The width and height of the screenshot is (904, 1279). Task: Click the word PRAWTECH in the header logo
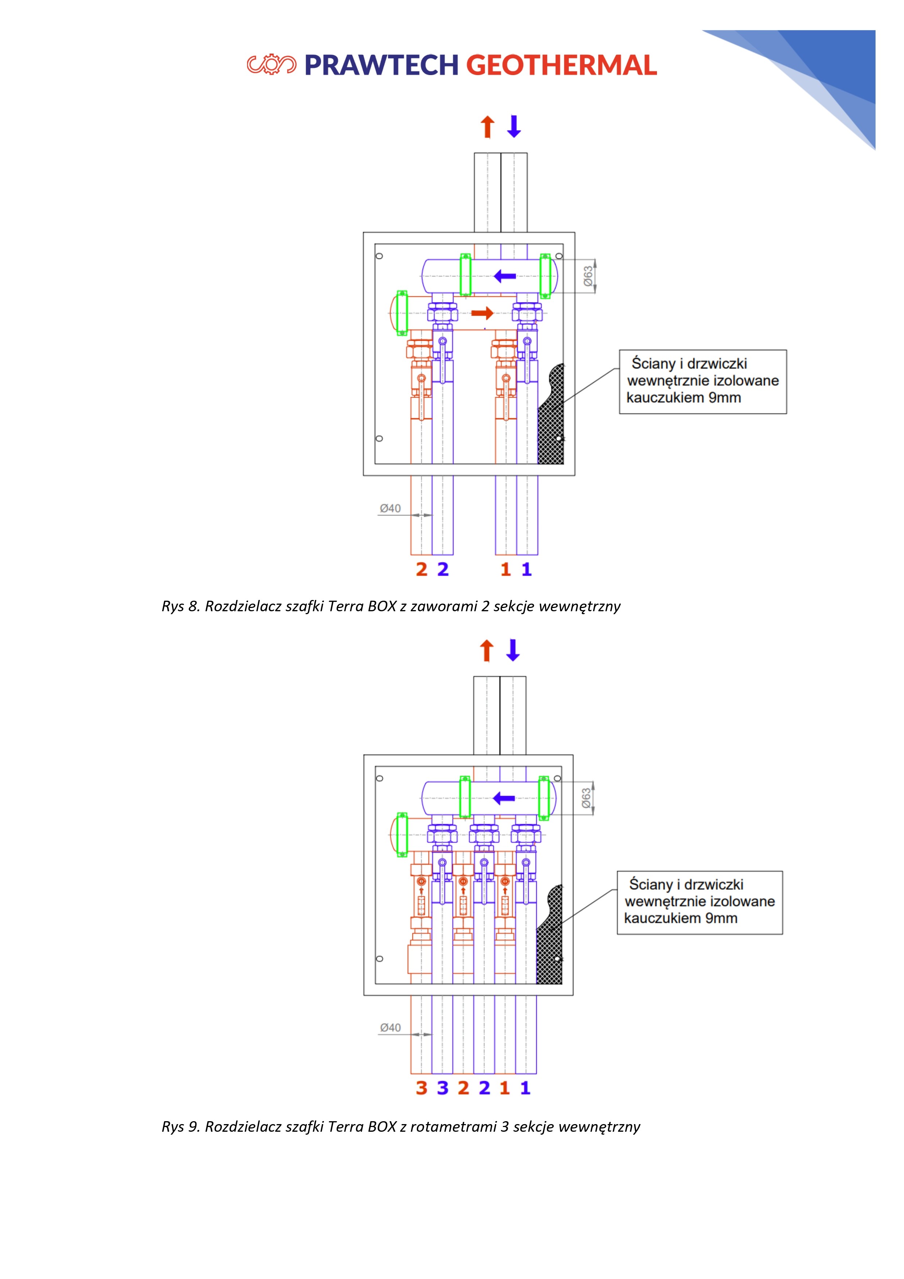click(381, 65)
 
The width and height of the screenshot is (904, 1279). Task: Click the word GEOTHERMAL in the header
click(561, 65)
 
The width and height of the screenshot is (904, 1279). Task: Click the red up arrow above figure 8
click(488, 126)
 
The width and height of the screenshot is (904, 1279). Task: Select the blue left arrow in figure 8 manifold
click(505, 276)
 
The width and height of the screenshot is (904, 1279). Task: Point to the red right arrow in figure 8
click(482, 313)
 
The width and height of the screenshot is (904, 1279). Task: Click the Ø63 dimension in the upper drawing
click(588, 276)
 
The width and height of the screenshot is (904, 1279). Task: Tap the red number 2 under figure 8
click(422, 569)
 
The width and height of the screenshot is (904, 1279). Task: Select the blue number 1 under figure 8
click(527, 569)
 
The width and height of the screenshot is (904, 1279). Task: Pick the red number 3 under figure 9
click(422, 1088)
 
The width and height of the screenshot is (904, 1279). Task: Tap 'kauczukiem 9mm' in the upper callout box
click(684, 398)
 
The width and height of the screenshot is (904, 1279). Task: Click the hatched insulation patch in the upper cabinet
click(551, 418)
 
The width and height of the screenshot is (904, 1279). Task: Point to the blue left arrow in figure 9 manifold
click(504, 798)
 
